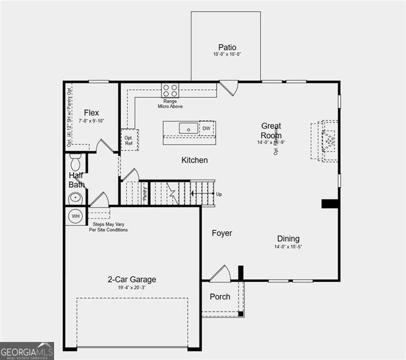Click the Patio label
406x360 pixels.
pyautogui.click(x=227, y=47)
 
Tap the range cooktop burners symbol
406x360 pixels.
pyautogui.click(x=170, y=91)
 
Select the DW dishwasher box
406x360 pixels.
pyautogui.click(x=207, y=128)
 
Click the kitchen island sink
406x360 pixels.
pyautogui.click(x=189, y=128)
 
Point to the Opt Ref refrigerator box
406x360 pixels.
pyautogui.click(x=129, y=140)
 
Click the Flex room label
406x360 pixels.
pyautogui.click(x=91, y=113)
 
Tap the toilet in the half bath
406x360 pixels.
pyautogui.click(x=76, y=163)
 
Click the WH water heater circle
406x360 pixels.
pyautogui.click(x=76, y=216)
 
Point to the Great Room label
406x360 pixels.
pyautogui.click(x=271, y=131)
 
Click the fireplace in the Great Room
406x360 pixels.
pyautogui.click(x=327, y=141)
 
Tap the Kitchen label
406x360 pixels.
pyautogui.click(x=195, y=160)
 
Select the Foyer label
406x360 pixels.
pyautogui.click(x=222, y=233)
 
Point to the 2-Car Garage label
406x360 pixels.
pyautogui.click(x=132, y=280)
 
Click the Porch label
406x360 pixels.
pyautogui.click(x=220, y=297)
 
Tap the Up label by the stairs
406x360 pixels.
pyautogui.click(x=219, y=194)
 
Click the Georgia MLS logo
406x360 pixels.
pyautogui.click(x=27, y=350)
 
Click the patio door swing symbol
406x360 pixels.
pyautogui.click(x=229, y=88)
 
